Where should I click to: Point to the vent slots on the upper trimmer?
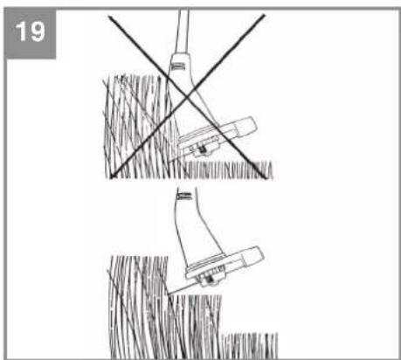(180, 65)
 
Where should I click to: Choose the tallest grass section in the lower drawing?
(135, 306)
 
